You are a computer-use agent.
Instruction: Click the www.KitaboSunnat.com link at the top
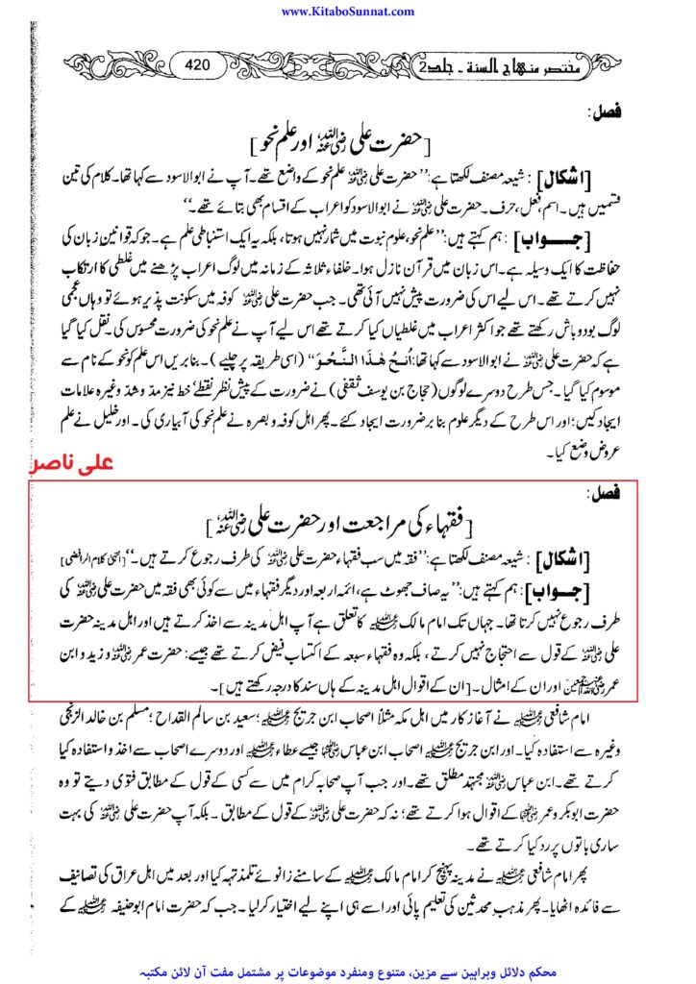click(348, 12)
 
